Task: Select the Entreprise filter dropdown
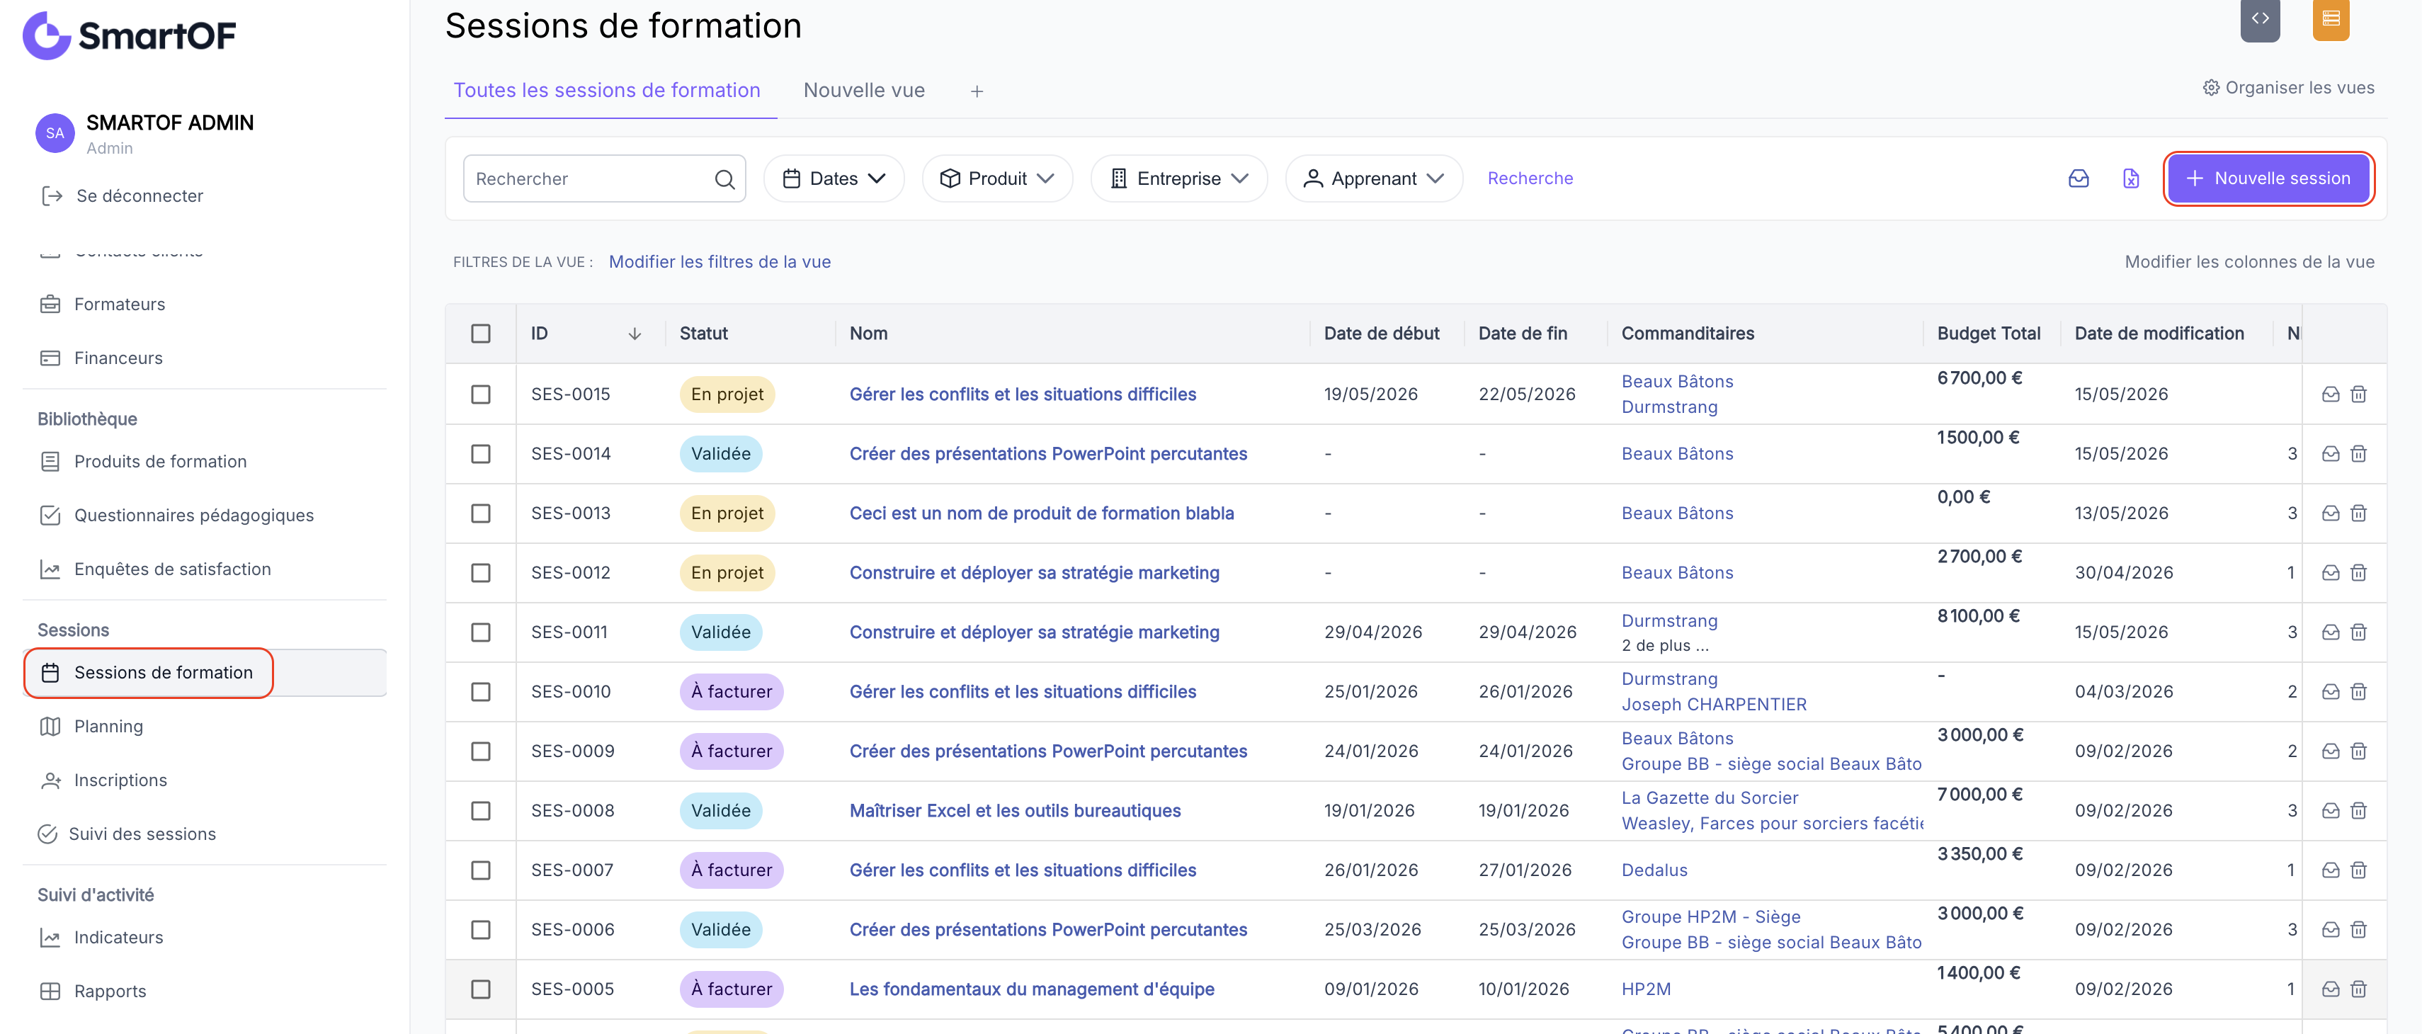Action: pos(1179,178)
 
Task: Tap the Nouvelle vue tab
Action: pos(864,90)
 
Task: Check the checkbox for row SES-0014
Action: pos(480,454)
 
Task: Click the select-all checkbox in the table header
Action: pos(480,334)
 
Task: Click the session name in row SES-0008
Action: pos(1016,810)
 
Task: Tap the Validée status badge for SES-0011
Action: pos(720,632)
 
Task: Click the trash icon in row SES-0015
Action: pos(2359,394)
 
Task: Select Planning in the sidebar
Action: pos(109,727)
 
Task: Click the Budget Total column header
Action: pos(1989,334)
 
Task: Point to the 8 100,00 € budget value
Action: pos(1978,615)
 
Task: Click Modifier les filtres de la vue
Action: pos(720,262)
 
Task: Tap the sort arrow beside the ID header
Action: pos(635,334)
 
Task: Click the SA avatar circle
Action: pos(55,133)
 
